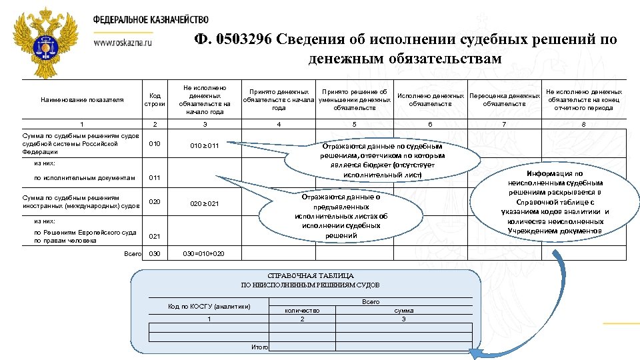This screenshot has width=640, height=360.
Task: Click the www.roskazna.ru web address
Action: [124, 42]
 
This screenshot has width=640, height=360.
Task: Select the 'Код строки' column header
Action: [154, 99]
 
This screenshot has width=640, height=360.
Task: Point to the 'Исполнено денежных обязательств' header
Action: [430, 99]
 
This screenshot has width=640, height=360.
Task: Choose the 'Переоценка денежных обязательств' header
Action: [505, 99]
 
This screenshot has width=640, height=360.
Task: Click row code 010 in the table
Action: [154, 144]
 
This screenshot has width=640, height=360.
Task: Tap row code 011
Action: [154, 178]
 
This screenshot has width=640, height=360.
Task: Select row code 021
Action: [154, 236]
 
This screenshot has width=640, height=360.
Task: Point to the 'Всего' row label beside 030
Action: [133, 254]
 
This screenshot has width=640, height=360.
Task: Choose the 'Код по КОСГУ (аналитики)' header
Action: [209, 307]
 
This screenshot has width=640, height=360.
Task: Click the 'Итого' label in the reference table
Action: [261, 347]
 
